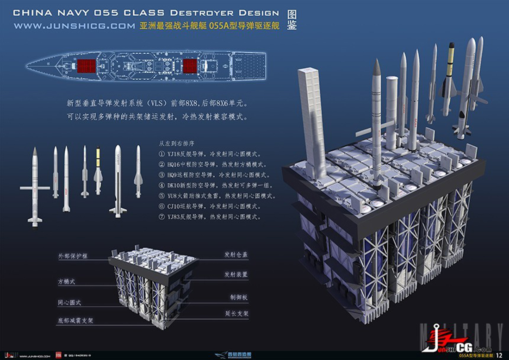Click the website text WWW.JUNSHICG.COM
(x=74, y=26)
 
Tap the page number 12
(x=499, y=355)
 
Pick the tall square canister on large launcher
(x=313, y=120)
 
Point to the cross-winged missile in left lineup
(x=35, y=187)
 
